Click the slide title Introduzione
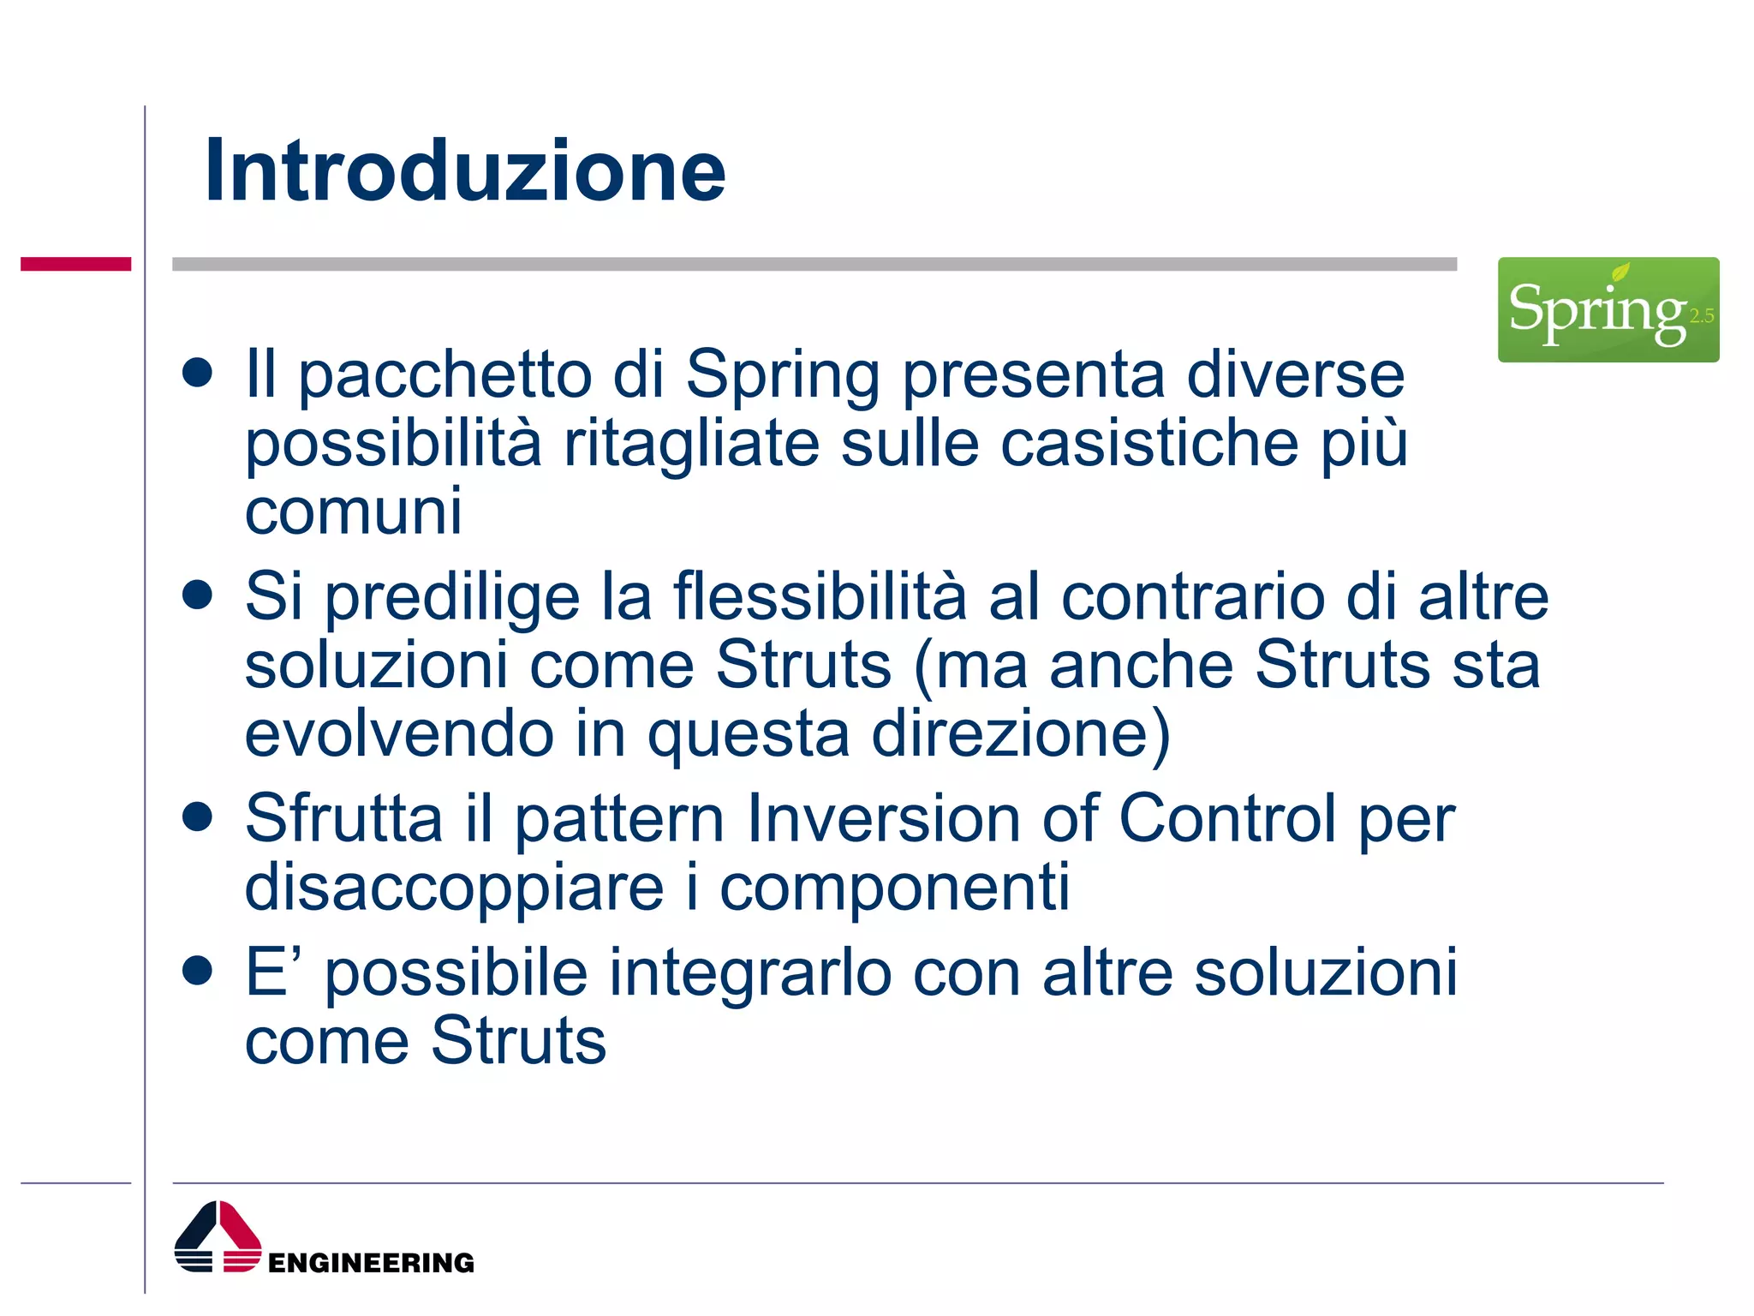(465, 171)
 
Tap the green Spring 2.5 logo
(1608, 310)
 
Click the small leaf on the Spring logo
(1620, 273)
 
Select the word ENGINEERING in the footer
(371, 1263)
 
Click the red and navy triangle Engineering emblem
(218, 1237)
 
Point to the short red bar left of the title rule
(75, 264)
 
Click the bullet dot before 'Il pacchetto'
(197, 374)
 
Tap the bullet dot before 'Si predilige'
(197, 595)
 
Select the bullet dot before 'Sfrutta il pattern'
(197, 817)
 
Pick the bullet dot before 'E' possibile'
(197, 971)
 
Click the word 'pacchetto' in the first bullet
(444, 377)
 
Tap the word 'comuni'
(353, 511)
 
